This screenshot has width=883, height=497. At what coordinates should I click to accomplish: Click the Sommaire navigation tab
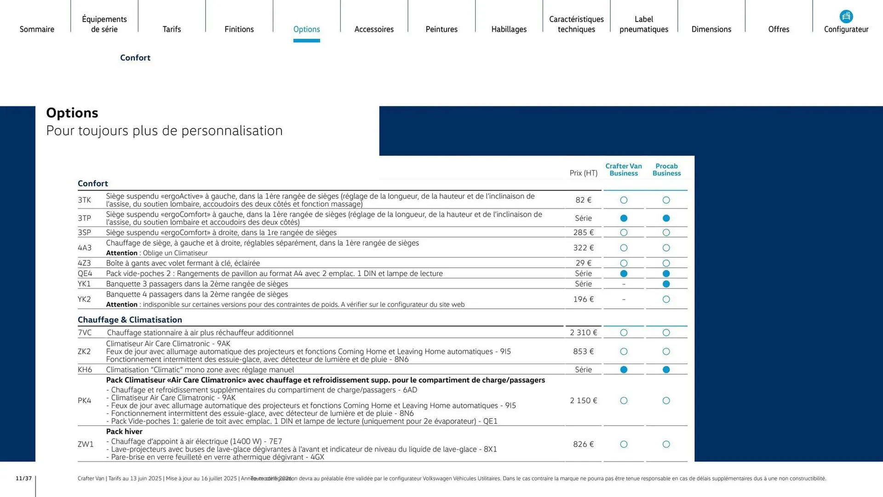pyautogui.click(x=37, y=29)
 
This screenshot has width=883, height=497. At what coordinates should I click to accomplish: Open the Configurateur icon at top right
pyautogui.click(x=846, y=17)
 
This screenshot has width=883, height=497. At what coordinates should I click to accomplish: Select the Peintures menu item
pyautogui.click(x=441, y=29)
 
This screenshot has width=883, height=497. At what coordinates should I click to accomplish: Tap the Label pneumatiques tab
pyautogui.click(x=643, y=24)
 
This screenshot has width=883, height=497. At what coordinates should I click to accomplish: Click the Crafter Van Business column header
pyautogui.click(x=623, y=169)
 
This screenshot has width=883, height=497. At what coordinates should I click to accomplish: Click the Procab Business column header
pyautogui.click(x=666, y=169)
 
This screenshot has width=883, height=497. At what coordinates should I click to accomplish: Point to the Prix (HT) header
pyautogui.click(x=583, y=173)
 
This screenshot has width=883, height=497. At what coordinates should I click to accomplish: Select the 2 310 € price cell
pyautogui.click(x=583, y=333)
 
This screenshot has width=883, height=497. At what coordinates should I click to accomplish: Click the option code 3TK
pyautogui.click(x=84, y=200)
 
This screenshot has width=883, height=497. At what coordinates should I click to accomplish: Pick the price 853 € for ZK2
pyautogui.click(x=583, y=352)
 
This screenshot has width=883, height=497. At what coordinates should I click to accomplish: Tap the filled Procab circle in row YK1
pyautogui.click(x=666, y=284)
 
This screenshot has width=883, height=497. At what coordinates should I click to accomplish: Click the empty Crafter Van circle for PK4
pyautogui.click(x=624, y=401)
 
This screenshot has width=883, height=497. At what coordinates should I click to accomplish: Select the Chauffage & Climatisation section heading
pyautogui.click(x=130, y=320)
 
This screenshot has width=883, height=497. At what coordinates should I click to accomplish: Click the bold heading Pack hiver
pyautogui.click(x=124, y=432)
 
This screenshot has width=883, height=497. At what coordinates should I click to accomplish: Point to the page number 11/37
pyautogui.click(x=24, y=479)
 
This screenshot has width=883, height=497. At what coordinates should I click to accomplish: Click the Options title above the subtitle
pyautogui.click(x=72, y=113)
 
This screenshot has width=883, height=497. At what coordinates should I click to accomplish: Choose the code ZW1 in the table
pyautogui.click(x=86, y=445)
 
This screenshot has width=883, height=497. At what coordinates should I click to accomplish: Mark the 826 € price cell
pyautogui.click(x=583, y=445)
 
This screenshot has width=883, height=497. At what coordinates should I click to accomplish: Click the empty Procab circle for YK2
pyautogui.click(x=666, y=300)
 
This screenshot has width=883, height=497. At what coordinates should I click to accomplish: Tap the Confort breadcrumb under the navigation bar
pyautogui.click(x=135, y=58)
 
